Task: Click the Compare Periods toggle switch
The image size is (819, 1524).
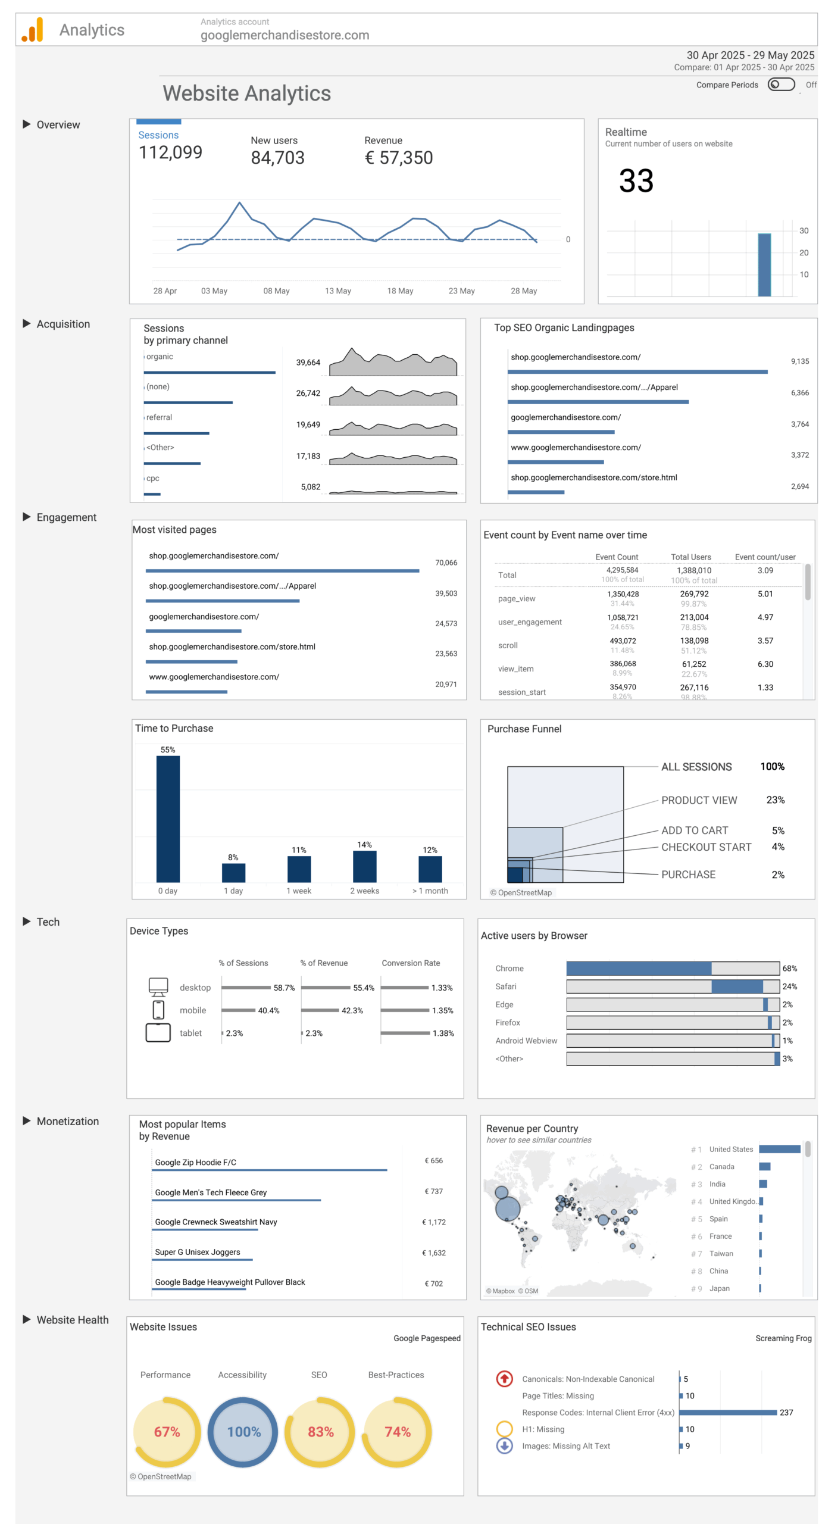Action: click(x=780, y=85)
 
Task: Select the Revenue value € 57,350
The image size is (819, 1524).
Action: click(x=398, y=158)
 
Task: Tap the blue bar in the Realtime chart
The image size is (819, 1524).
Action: click(x=764, y=264)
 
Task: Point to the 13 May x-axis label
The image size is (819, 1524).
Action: click(x=337, y=291)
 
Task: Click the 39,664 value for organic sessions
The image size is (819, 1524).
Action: click(x=308, y=363)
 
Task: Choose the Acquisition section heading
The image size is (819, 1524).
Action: click(x=63, y=324)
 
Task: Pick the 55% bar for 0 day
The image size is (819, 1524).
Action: click(x=168, y=819)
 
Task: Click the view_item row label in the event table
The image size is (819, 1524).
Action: click(x=515, y=669)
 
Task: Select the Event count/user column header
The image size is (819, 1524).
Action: click(x=764, y=557)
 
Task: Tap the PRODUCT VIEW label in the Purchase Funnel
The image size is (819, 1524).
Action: click(x=699, y=800)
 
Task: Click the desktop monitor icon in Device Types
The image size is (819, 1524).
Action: click(x=158, y=986)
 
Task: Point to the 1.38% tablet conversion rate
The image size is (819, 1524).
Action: click(x=443, y=1033)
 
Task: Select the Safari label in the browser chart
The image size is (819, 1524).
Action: click(x=505, y=986)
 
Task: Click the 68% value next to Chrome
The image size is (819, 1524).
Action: click(x=789, y=969)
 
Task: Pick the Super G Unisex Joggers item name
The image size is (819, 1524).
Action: click(x=198, y=1252)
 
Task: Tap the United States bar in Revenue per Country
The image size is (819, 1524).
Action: click(x=779, y=1149)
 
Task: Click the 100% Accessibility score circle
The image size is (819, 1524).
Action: click(x=243, y=1432)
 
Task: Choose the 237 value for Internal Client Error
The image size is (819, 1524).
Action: click(x=786, y=1413)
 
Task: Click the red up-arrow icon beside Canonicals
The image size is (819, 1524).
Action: click(x=504, y=1379)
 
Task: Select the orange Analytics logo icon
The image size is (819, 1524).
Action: click(x=32, y=30)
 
